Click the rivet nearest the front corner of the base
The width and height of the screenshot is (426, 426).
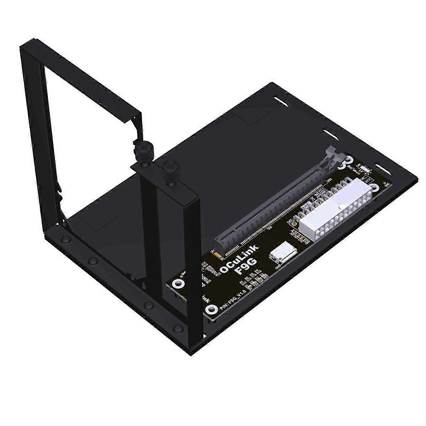pyautogui.click(x=178, y=328)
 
